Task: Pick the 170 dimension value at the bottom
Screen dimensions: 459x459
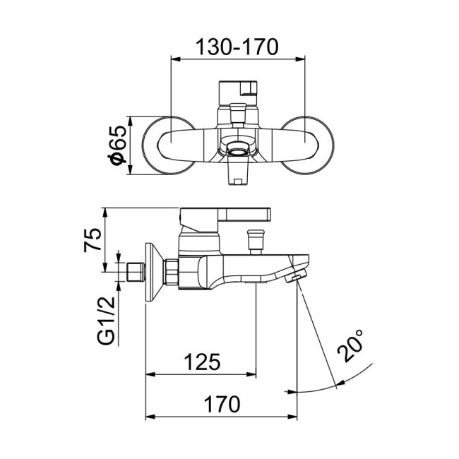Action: pos(221,405)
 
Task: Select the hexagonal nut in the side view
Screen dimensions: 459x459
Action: pos(170,272)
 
